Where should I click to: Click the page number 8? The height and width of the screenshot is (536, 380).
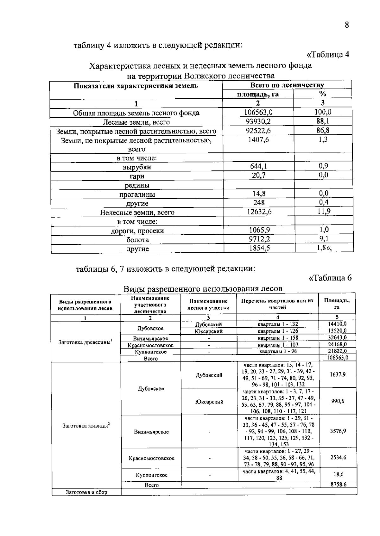[x=347, y=25]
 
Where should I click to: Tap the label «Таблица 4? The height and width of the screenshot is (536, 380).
[x=328, y=54]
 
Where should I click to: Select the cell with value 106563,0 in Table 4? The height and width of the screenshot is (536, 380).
[x=258, y=112]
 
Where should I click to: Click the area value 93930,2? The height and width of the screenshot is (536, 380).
[x=258, y=121]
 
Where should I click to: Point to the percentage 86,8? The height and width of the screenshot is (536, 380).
[x=323, y=130]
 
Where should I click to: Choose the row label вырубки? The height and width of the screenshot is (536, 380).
[x=137, y=167]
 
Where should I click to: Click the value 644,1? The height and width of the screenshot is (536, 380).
[x=258, y=166]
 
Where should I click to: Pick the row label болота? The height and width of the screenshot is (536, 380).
[x=137, y=240]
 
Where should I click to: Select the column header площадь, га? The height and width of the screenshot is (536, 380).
[x=258, y=94]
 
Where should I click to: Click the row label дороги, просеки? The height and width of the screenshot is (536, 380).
[x=137, y=231]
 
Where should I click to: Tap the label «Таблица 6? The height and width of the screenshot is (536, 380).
[x=330, y=278]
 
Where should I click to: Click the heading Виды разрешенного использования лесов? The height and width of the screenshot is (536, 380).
[x=203, y=289]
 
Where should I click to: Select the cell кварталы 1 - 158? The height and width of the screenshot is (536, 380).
[x=278, y=338]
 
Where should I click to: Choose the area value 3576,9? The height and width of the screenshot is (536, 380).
[x=338, y=431]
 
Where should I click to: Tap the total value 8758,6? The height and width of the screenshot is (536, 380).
[x=338, y=484]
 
